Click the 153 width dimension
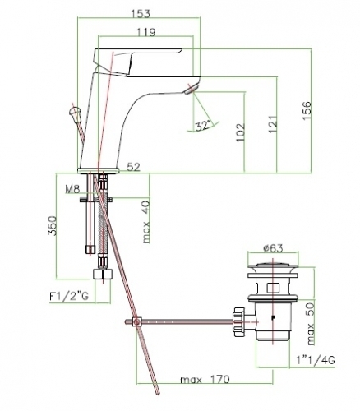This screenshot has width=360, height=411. (x=141, y=13)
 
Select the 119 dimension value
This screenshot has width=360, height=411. (x=146, y=32)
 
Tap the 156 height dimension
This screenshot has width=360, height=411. (x=307, y=110)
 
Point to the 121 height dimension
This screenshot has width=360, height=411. (x=273, y=124)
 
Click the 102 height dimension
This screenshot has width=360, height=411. (x=240, y=132)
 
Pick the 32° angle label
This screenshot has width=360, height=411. (x=203, y=126)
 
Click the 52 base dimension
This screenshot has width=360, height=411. (x=134, y=167)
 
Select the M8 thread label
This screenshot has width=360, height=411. (x=72, y=189)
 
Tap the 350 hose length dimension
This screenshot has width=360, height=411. (x=52, y=226)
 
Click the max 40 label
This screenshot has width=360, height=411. (x=146, y=222)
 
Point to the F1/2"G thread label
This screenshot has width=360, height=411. (x=69, y=296)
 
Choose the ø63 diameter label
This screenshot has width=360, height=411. (x=273, y=248)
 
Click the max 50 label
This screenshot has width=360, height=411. (x=311, y=324)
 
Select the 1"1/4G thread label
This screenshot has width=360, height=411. (x=316, y=360)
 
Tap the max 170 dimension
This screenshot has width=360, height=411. (x=205, y=380)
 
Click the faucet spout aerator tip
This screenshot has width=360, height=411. (x=191, y=89)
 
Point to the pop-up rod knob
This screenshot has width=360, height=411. (x=75, y=112)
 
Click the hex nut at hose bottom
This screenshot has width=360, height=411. (x=103, y=274)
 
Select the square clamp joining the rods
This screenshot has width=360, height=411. (x=136, y=321)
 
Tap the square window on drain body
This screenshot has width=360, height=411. (x=273, y=288)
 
